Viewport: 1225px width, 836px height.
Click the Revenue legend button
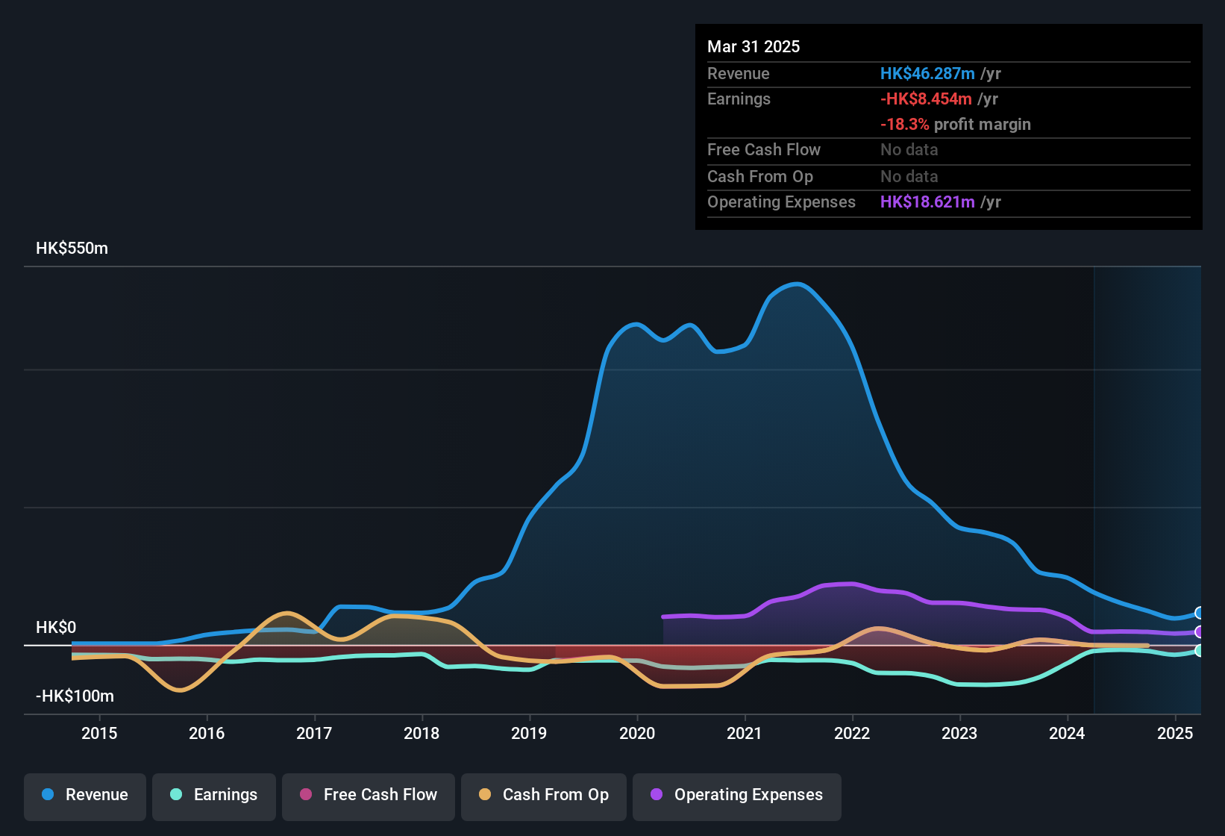85,795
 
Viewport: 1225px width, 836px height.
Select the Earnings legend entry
213,795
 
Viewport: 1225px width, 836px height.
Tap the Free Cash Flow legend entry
368,795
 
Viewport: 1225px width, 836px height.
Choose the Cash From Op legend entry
543,795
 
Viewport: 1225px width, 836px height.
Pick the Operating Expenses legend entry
736,795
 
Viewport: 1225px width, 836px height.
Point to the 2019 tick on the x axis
529,733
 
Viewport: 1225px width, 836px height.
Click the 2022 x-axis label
852,733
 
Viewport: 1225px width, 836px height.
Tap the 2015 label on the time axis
99,733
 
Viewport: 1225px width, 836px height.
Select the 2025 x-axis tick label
1175,733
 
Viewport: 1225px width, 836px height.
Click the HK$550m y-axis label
72,249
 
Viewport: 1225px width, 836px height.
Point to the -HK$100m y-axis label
75,696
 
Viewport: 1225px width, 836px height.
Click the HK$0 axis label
56,628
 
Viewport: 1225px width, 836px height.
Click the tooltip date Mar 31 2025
754,47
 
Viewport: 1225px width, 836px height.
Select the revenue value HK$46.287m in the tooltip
927,74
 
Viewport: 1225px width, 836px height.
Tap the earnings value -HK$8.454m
926,99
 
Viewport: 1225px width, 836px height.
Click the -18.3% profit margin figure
904,125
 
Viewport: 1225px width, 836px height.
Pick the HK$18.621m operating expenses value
927,202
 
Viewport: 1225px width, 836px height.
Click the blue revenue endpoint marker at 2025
1199,613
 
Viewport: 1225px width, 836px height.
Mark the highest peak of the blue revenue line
798,284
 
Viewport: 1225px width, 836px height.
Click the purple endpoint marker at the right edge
1199,632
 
